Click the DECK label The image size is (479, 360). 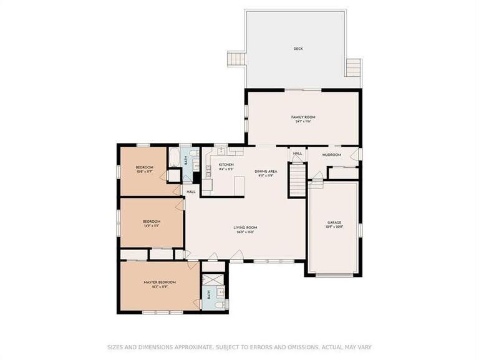pos(298,49)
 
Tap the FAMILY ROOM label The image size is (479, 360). pos(303,117)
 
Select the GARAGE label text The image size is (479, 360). pos(335,222)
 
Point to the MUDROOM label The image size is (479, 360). pos(331,154)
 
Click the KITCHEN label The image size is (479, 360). pos(226,165)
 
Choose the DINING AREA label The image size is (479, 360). pos(266,171)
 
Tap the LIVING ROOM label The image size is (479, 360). pos(246,228)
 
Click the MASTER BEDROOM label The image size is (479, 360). pos(160,282)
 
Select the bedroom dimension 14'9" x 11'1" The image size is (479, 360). pos(152,225)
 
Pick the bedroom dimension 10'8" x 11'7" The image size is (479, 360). pos(144,171)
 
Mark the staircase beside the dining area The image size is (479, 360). pos(297,182)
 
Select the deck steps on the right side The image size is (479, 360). pos(354,67)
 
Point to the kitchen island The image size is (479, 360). pos(238,185)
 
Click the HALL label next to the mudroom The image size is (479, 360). pos(298,153)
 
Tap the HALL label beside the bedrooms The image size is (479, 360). pos(191,192)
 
